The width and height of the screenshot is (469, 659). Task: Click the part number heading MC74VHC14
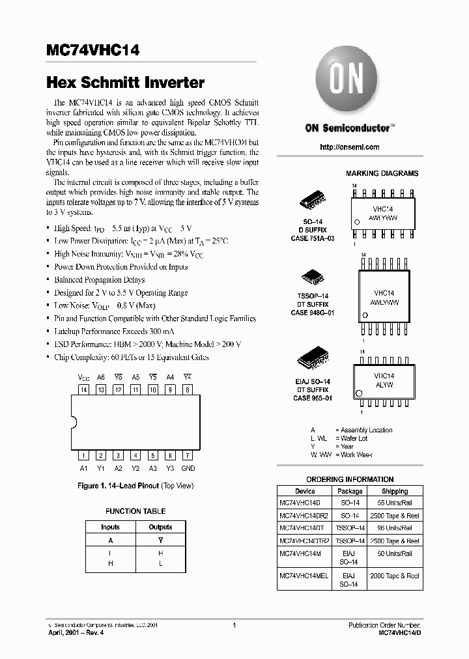click(92, 50)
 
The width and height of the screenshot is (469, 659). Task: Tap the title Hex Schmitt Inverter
click(126, 83)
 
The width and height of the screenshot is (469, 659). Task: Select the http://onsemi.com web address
click(350, 147)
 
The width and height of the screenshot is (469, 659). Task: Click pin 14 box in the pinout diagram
click(83, 389)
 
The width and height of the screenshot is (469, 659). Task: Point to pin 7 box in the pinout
click(187, 456)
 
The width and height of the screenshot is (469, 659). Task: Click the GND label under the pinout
click(187, 468)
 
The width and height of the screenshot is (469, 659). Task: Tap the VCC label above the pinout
click(84, 377)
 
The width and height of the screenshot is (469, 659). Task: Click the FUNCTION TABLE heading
click(135, 511)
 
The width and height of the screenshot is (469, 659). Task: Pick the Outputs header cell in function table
click(160, 527)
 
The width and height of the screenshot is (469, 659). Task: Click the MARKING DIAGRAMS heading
click(382, 173)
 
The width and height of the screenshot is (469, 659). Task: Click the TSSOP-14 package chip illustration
click(310, 277)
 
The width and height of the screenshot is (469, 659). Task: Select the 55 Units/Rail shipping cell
click(395, 503)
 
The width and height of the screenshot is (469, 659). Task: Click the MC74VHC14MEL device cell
click(304, 576)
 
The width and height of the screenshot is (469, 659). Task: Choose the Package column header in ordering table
click(350, 491)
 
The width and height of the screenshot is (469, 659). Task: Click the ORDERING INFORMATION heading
click(350, 479)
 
